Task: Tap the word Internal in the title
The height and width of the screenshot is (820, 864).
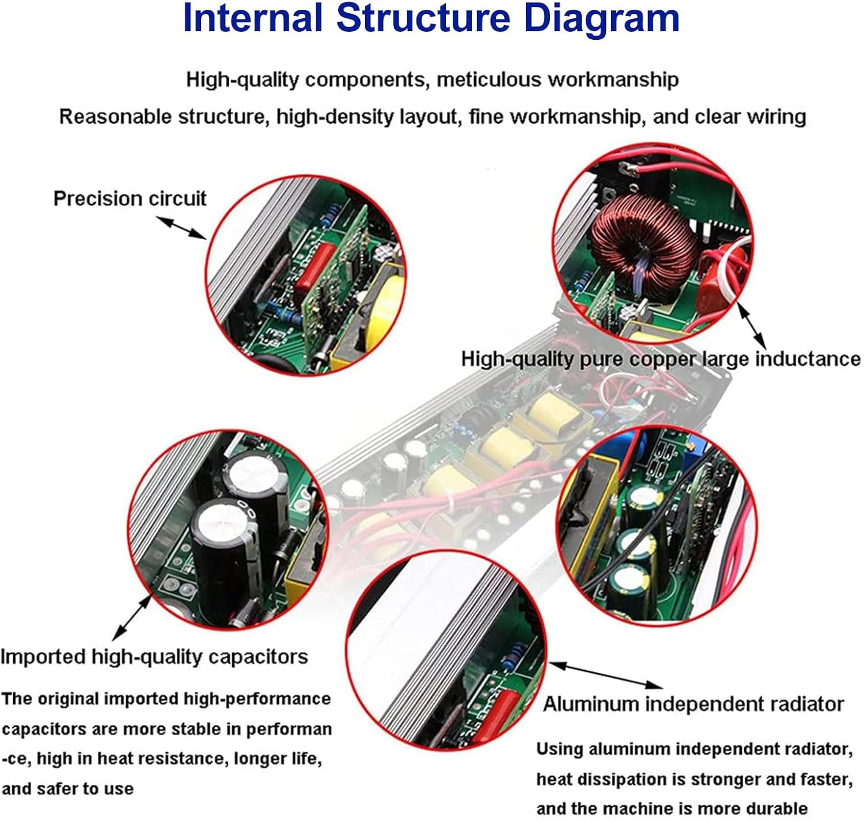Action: click(x=252, y=18)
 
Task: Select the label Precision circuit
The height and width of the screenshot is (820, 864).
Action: click(x=130, y=199)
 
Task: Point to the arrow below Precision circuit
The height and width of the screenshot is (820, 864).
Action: click(x=181, y=228)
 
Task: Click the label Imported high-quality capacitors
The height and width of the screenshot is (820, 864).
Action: click(x=154, y=657)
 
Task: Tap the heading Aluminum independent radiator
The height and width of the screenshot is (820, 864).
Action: click(x=694, y=704)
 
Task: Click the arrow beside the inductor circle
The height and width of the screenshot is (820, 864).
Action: click(x=752, y=326)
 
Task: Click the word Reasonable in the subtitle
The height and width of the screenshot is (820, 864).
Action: click(x=115, y=117)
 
